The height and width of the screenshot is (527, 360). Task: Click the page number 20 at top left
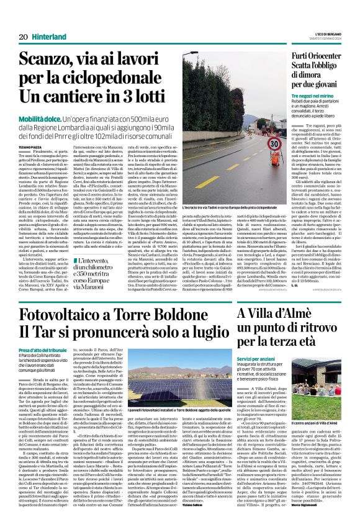[23, 37]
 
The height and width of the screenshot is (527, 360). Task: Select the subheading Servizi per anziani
[258, 359]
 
